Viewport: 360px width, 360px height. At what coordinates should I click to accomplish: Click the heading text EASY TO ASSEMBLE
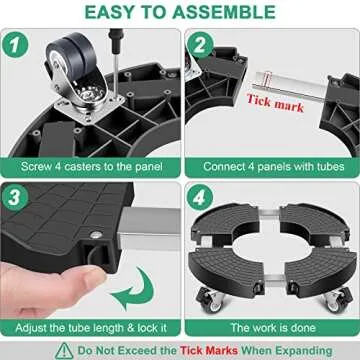tap(180, 13)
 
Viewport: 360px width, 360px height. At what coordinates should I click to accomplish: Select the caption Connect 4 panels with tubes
tap(270, 164)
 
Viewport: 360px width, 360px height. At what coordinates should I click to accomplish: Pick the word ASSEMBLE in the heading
tap(216, 13)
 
